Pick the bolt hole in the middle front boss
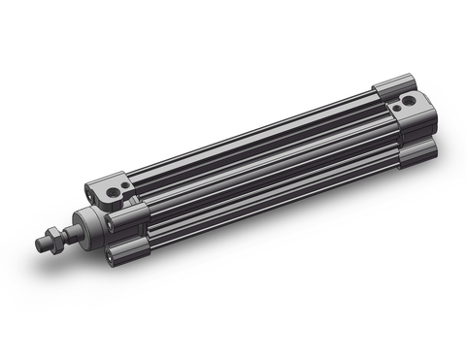[x=112, y=224]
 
